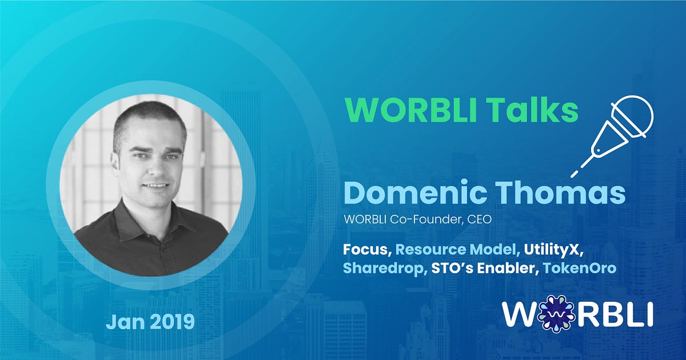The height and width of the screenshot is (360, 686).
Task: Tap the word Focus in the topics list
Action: [367, 250]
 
